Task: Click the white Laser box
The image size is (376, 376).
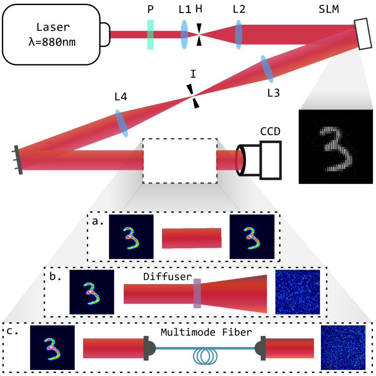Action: click(51, 34)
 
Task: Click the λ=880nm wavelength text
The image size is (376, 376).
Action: click(51, 42)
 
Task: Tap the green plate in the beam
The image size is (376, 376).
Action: click(150, 35)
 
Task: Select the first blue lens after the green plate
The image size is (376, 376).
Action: click(184, 35)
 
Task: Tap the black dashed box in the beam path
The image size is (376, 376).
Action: click(180, 160)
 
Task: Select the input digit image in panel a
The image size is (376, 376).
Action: click(131, 237)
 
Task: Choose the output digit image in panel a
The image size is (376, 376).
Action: click(252, 237)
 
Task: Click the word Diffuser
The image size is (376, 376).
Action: click(167, 277)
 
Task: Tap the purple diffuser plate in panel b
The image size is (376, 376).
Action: click(197, 293)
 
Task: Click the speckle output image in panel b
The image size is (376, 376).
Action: click(298, 292)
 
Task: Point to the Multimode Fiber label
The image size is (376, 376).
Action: click(206, 332)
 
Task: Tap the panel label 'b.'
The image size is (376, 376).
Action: click(56, 276)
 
